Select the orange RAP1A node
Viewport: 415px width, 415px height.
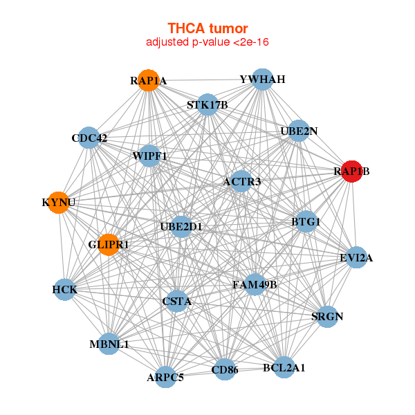click(x=148, y=80)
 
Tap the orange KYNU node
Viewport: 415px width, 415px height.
click(x=58, y=203)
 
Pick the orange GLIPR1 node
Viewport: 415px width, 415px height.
click(x=108, y=244)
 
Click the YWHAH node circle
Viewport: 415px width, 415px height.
click(x=261, y=79)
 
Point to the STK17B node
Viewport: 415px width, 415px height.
click(x=207, y=105)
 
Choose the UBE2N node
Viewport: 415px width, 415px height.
click(x=298, y=131)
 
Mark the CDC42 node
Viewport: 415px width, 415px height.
click(x=89, y=138)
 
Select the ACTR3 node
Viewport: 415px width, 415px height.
click(x=241, y=182)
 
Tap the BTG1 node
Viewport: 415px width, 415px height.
click(x=305, y=222)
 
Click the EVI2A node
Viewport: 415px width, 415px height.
click(x=356, y=258)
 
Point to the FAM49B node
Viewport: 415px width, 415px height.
click(x=255, y=284)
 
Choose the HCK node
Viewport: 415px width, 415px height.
click(x=64, y=289)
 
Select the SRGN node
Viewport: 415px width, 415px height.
click(x=327, y=317)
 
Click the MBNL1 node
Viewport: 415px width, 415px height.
click(x=109, y=344)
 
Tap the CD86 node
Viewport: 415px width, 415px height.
click(x=225, y=370)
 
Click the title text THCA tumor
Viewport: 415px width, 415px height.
click(x=207, y=28)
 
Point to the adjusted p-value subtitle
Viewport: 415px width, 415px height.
click(x=207, y=42)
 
